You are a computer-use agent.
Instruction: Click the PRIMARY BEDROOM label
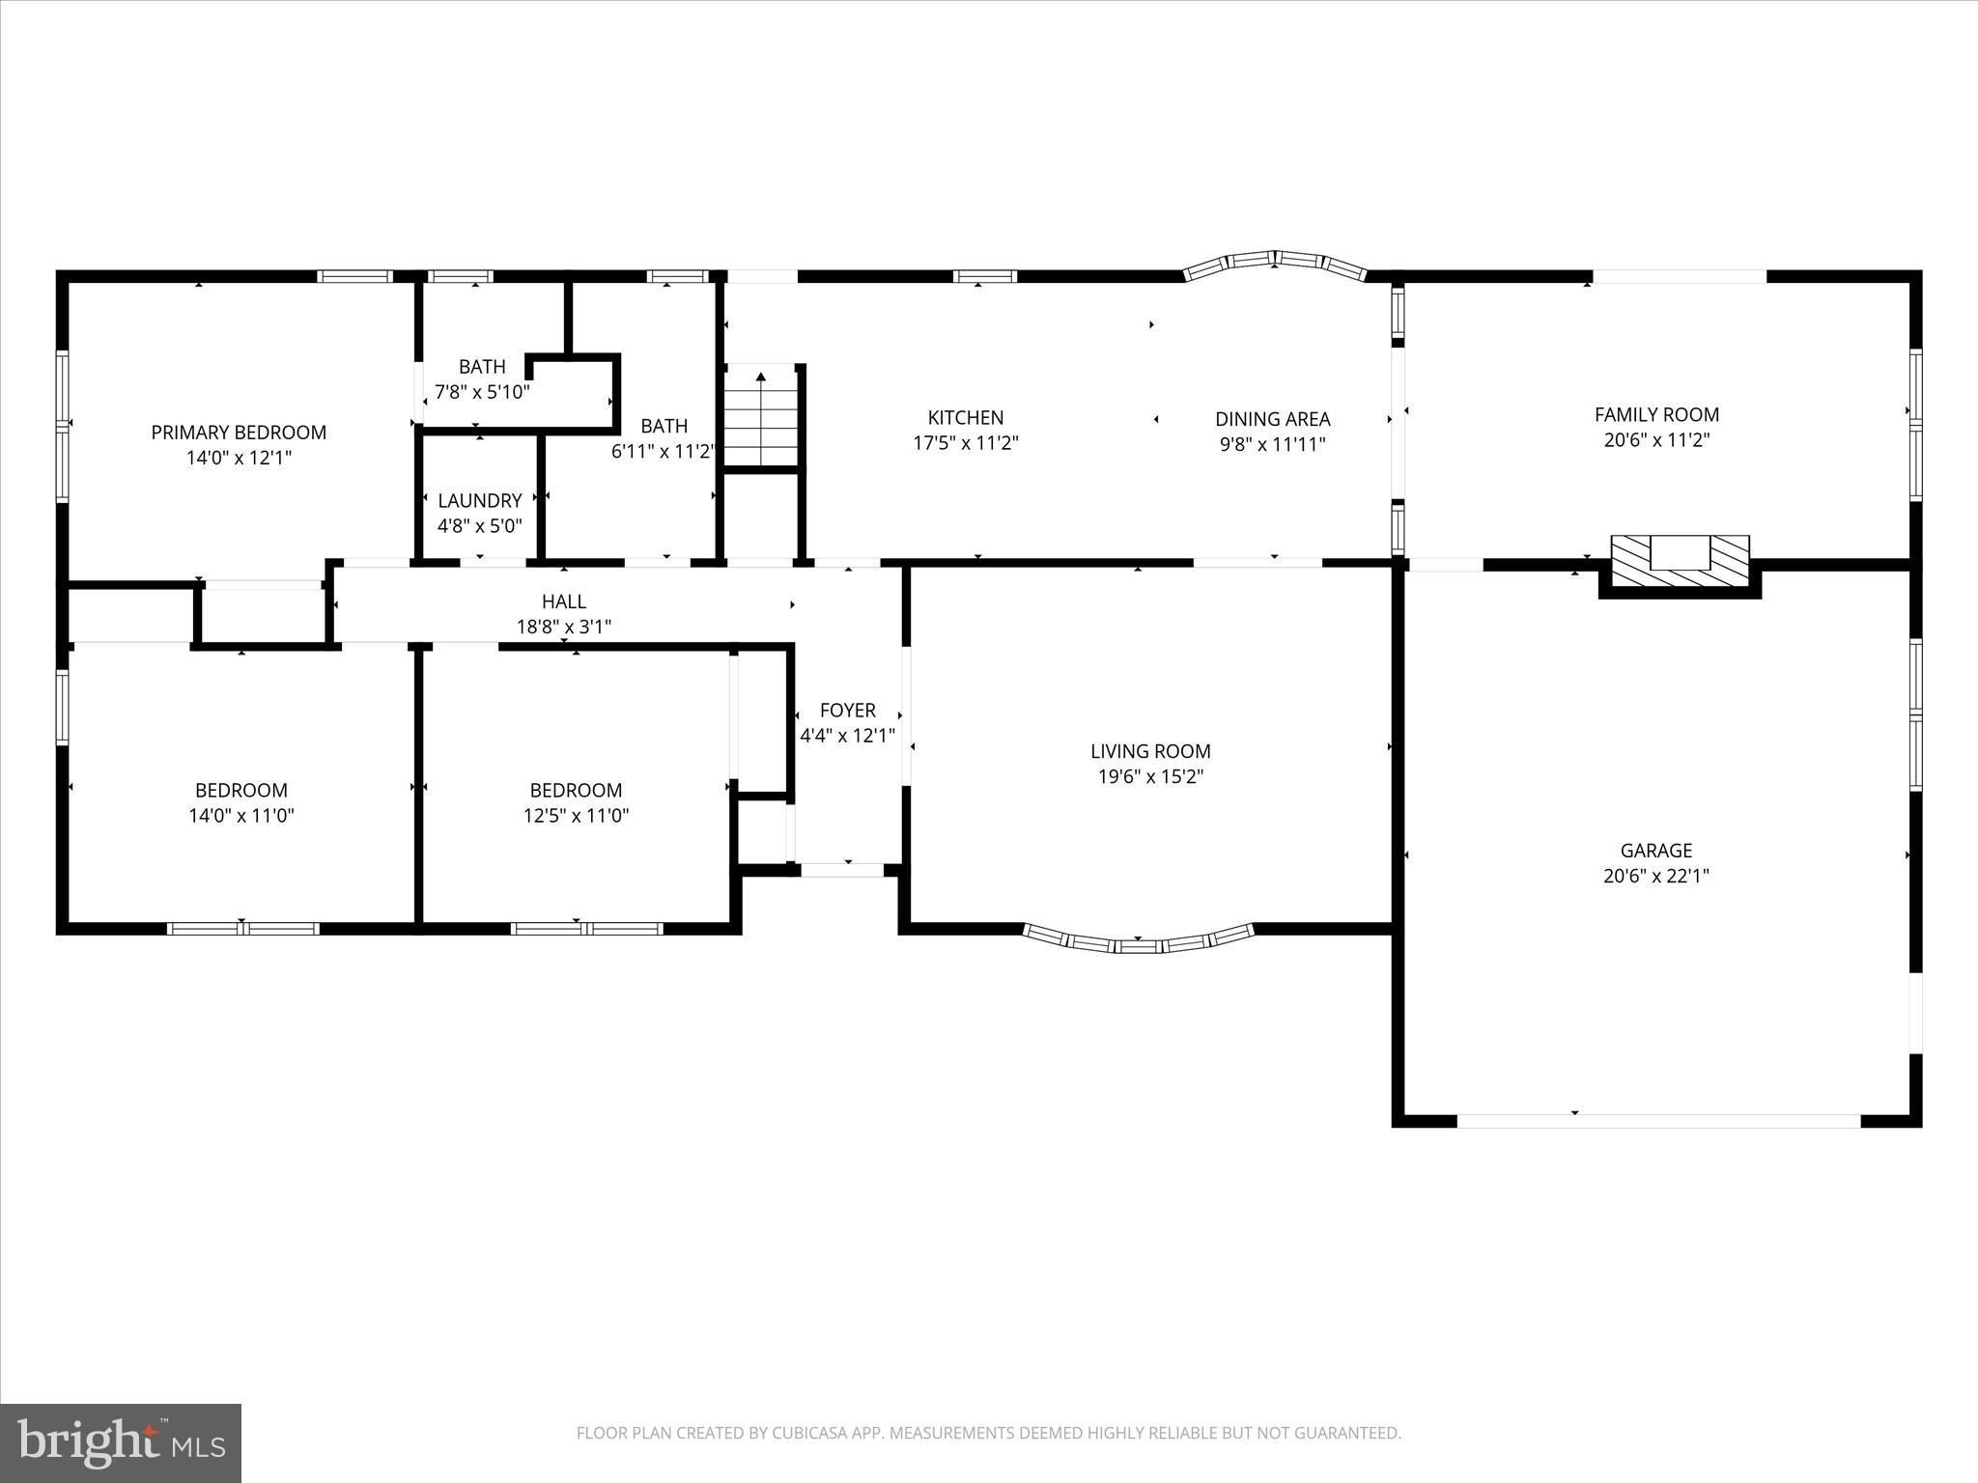pyautogui.click(x=239, y=433)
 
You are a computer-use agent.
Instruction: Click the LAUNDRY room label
pyautogui.click(x=479, y=500)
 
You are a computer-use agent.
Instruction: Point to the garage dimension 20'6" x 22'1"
pyautogui.click(x=1655, y=876)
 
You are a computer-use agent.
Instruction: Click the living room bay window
pyautogui.click(x=1138, y=941)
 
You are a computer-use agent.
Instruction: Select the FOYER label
pyautogui.click(x=847, y=711)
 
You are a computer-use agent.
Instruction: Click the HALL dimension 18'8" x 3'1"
pyautogui.click(x=563, y=627)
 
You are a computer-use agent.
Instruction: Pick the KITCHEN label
pyautogui.click(x=965, y=418)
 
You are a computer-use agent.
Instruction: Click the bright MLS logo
pyautogui.click(x=121, y=1442)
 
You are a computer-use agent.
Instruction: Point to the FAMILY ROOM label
pyautogui.click(x=1655, y=415)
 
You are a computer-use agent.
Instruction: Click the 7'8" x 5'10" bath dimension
pyautogui.click(x=481, y=392)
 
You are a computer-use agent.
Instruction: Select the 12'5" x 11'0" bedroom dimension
pyautogui.click(x=576, y=815)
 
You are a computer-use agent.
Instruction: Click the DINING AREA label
pyautogui.click(x=1272, y=419)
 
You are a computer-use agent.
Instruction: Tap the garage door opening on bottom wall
pyautogui.click(x=1657, y=1121)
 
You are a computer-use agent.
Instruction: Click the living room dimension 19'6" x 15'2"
pyautogui.click(x=1149, y=776)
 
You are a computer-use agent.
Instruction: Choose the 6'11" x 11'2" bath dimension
pyautogui.click(x=664, y=451)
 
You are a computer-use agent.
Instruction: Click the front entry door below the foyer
pyautogui.click(x=842, y=870)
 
